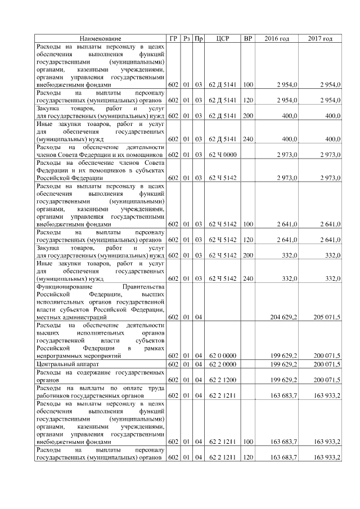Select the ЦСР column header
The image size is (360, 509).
pos(222,38)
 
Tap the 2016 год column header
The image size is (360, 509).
pos(277,38)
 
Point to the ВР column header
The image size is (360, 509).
pos(247,38)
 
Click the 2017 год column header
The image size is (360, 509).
pos(321,38)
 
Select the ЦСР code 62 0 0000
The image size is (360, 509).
pos(222,357)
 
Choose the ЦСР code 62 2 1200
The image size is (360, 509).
pos(222,380)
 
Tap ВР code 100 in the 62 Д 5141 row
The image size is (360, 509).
pos(247,85)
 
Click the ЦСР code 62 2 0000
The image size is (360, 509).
pos(222,364)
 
